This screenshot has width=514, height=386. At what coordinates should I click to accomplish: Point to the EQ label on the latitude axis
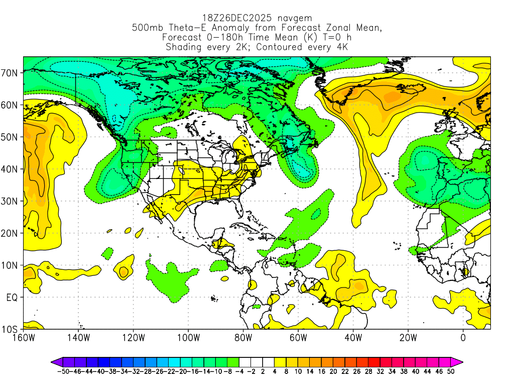click(x=12, y=297)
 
